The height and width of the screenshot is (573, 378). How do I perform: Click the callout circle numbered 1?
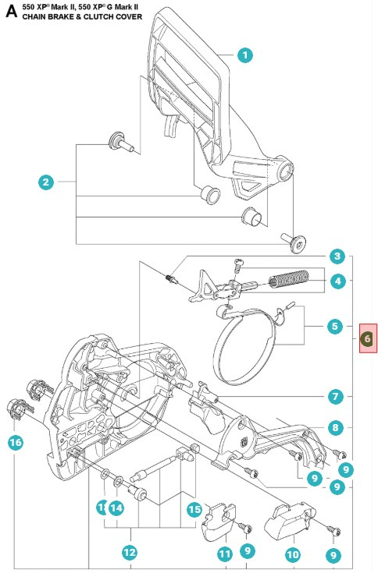pos(245,55)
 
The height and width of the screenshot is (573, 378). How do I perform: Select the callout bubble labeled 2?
pos(47,182)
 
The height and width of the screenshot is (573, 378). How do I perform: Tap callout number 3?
pos(337,256)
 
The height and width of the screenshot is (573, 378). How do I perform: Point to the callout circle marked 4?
pos(337,281)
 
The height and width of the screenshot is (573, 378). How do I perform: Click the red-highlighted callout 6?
pos(368,338)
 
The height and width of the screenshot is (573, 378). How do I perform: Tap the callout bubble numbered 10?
pos(293,554)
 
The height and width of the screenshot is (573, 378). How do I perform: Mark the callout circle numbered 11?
pos(225,554)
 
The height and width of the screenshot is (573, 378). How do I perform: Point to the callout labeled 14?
pos(116,508)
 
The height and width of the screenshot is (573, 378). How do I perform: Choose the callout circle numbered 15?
pos(194,508)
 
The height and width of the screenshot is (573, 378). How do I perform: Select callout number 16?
pos(16,443)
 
